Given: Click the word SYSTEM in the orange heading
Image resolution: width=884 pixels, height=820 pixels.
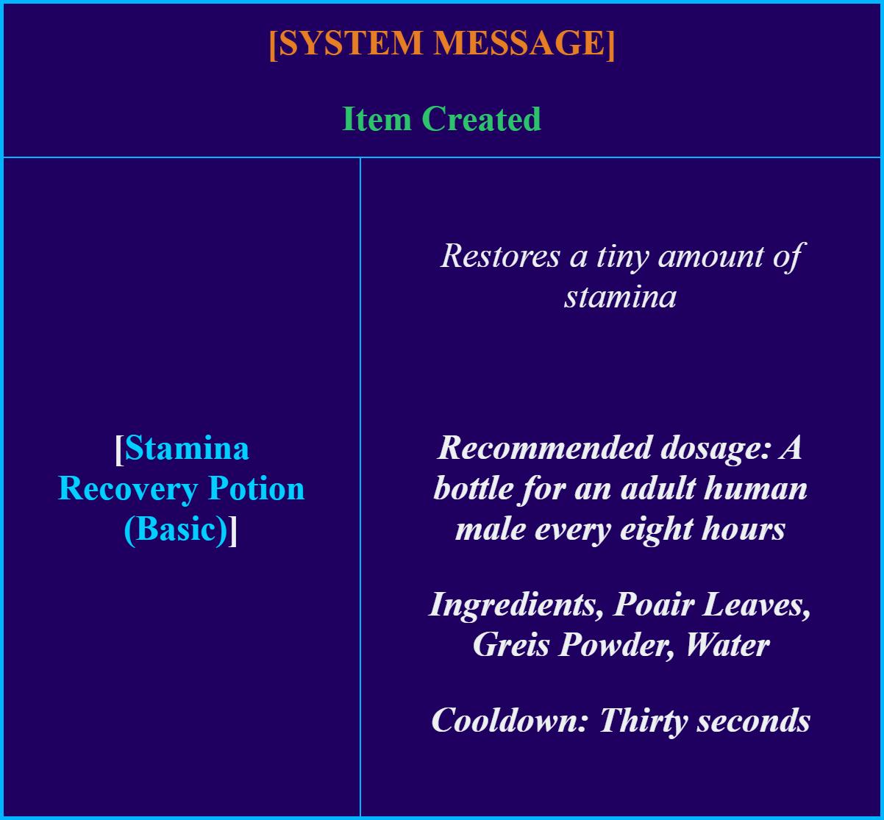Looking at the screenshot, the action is pos(351,43).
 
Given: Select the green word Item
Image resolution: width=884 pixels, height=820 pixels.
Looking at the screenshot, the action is pos(377,119).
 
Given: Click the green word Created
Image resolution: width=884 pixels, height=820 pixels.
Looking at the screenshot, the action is pos(481,119).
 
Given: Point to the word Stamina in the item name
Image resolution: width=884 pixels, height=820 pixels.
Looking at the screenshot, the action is pos(187,448).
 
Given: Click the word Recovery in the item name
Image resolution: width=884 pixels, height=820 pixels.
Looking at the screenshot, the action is pos(128,489).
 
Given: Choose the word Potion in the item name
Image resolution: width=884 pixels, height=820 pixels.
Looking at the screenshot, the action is pos(257,489).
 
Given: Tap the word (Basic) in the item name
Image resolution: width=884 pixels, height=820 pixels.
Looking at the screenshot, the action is pos(176,530).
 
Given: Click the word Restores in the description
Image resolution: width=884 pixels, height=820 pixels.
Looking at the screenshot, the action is pos(500,257).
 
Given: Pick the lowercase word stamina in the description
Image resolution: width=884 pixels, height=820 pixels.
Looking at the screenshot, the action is pos(620,297).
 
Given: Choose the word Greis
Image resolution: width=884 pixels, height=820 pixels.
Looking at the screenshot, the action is pos(511,646).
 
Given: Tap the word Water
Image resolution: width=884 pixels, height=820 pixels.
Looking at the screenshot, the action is pos(728,646).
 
